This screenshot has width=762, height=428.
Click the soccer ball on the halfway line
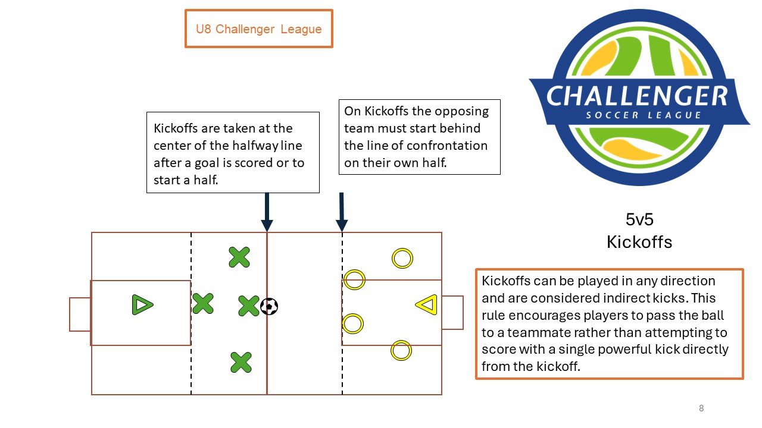269,306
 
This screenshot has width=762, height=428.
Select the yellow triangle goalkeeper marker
432,304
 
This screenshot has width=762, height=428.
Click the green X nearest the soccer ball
249,306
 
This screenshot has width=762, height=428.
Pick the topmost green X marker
239,257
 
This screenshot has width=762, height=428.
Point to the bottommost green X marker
241,363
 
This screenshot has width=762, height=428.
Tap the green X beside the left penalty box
203,303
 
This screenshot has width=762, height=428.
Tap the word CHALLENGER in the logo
637,96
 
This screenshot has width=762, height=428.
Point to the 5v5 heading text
639,219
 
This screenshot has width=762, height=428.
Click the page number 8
701,408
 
